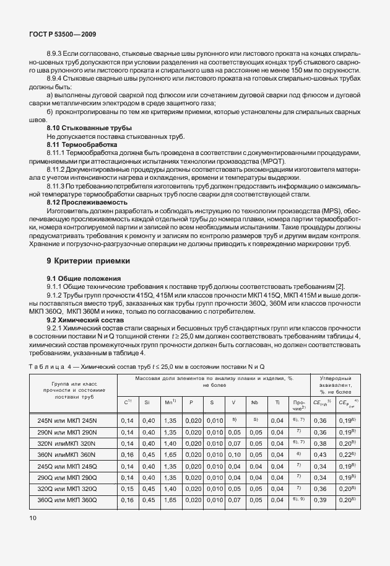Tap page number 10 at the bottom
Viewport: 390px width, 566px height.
pos(32,516)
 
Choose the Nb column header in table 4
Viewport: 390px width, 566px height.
pos(254,403)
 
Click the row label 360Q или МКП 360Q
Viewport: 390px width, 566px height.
pos(72,500)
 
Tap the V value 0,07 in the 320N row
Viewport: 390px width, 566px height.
pos(233,444)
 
